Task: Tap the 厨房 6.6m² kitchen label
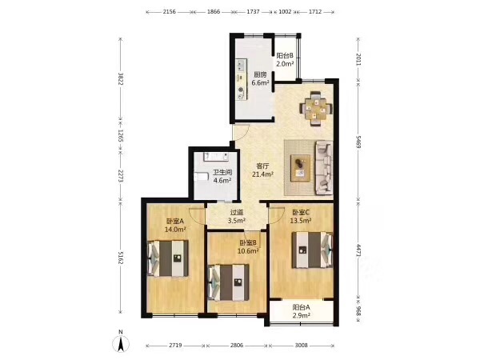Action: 260,78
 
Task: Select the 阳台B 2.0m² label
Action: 285,60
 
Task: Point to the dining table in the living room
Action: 316,109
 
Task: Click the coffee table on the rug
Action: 300,168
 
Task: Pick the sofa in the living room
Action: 324,167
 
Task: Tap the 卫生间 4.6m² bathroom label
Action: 222,176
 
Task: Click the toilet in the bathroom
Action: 201,177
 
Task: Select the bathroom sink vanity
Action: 217,156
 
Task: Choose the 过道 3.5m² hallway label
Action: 237,216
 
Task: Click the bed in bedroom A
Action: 168,258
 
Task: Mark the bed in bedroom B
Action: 228,282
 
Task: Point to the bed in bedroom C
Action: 312,250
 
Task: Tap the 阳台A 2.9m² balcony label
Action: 302,311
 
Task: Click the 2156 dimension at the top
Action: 170,12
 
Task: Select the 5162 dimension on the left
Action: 121,258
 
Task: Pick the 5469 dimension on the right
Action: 358,142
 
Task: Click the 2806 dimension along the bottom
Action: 237,345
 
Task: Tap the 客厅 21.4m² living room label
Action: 262,170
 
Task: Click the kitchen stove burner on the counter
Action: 242,90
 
